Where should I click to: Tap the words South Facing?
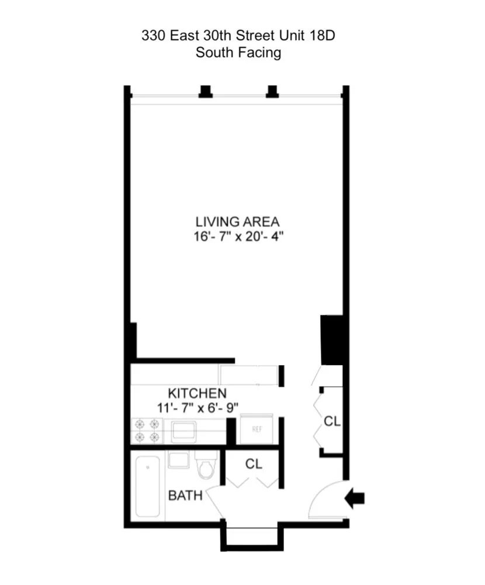coord(238,53)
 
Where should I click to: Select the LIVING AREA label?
coord(237,222)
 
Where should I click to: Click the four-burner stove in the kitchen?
coord(146,430)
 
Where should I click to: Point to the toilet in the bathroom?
coord(205,465)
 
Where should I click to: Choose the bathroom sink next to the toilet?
coord(177,460)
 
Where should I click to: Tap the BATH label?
coord(185,496)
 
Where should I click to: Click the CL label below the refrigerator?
coord(254,464)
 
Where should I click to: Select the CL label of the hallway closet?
coord(332,421)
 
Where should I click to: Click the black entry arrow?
coord(355,498)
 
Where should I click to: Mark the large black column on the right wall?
coord(331,340)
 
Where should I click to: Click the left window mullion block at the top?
coord(206,91)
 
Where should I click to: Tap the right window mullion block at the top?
coord(272,91)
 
